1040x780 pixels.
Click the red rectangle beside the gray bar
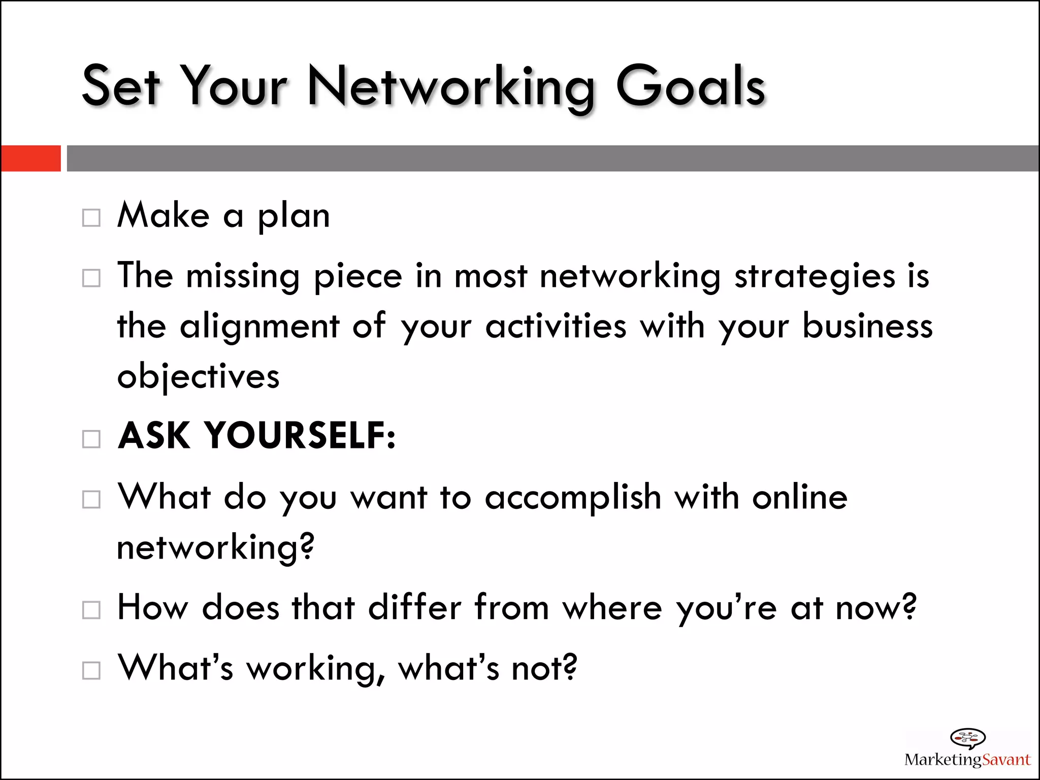coord(31,158)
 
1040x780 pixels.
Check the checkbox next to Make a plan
coord(91,218)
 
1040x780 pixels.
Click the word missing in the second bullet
coord(243,277)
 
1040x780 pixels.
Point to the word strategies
coord(815,277)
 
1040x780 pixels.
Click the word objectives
coord(198,377)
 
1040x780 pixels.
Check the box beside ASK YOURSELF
coord(91,439)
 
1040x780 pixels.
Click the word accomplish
coord(573,498)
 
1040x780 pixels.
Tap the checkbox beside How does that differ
coord(91,610)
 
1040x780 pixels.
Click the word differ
coord(415,607)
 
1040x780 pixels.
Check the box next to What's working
coord(91,670)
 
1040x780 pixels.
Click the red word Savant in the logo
coord(1006,760)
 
